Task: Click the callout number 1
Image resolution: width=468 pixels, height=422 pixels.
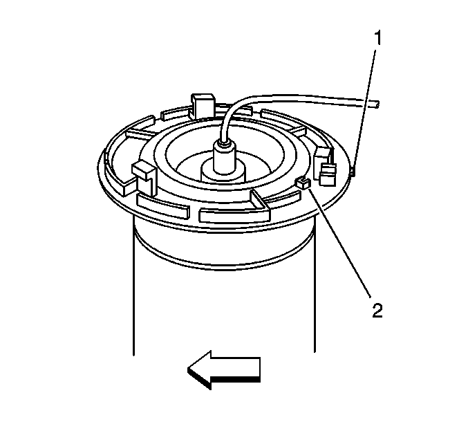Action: [x=377, y=38]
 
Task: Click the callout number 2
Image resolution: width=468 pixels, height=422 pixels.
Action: [x=377, y=311]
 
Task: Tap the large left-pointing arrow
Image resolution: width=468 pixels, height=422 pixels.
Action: [x=224, y=369]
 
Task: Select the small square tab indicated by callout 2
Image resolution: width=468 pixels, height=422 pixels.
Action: [x=303, y=183]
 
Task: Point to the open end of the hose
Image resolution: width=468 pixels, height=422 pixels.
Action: [x=377, y=104]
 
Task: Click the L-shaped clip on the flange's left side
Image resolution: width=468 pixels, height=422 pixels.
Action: [x=144, y=178]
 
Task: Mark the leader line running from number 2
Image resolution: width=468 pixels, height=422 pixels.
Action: [x=340, y=243]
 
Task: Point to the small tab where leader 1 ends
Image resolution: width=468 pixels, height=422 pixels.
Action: [x=353, y=172]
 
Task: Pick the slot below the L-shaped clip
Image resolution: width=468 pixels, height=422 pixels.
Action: [x=162, y=205]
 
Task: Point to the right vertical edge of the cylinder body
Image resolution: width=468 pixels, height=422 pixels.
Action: [x=315, y=286]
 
